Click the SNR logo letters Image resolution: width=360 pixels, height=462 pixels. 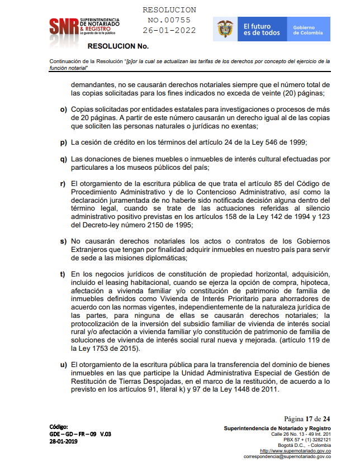(63, 26)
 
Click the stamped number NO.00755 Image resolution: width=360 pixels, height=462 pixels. (169, 20)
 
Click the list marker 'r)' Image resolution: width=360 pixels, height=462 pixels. (63, 183)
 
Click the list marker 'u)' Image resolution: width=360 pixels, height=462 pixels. (63, 365)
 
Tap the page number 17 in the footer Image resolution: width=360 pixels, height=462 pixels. (309, 418)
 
